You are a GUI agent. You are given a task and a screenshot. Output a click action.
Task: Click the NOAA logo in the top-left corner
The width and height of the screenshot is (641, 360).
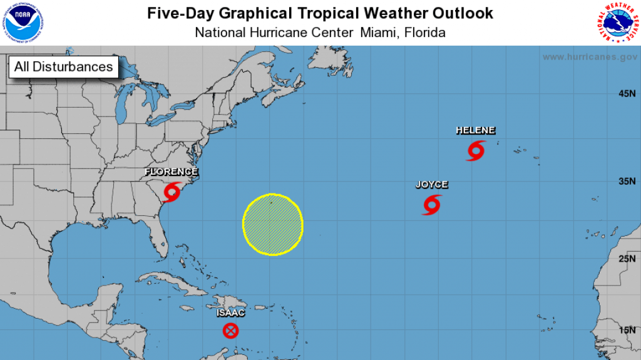pyautogui.click(x=22, y=22)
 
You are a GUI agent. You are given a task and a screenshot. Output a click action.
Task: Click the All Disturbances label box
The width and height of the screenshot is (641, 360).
pyautogui.click(x=63, y=66)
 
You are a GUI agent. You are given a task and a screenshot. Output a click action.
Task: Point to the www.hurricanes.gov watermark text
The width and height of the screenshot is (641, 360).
pyautogui.click(x=590, y=57)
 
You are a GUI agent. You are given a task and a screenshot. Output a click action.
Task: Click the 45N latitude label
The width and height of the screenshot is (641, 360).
pyautogui.click(x=627, y=94)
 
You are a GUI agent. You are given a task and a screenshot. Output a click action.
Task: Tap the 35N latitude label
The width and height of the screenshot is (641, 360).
pyautogui.click(x=627, y=182)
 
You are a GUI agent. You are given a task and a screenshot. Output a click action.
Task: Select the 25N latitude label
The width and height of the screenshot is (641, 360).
pyautogui.click(x=627, y=258)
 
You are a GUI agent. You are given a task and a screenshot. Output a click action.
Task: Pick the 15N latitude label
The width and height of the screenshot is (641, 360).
pyautogui.click(x=627, y=330)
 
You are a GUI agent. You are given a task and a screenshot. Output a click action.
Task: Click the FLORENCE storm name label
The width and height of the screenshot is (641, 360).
pyautogui.click(x=172, y=172)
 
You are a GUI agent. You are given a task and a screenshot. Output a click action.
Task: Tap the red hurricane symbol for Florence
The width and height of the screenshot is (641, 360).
pyautogui.click(x=172, y=190)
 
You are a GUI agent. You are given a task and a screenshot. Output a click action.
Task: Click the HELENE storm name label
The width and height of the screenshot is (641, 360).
pyautogui.click(x=476, y=130)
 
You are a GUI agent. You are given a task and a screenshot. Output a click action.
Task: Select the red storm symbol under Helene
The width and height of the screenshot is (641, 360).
pyautogui.click(x=476, y=150)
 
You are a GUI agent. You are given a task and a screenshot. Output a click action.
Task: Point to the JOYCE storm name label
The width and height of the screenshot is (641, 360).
pyautogui.click(x=432, y=184)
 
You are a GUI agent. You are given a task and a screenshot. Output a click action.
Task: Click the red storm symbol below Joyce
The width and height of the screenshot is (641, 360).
pyautogui.click(x=432, y=204)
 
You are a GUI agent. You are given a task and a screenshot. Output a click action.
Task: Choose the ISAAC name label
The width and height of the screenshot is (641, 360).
pyautogui.click(x=230, y=313)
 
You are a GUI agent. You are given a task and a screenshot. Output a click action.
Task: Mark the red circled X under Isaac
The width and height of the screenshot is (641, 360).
pyautogui.click(x=231, y=331)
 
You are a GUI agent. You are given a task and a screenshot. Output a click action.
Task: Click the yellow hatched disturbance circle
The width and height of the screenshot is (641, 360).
pyautogui.click(x=273, y=224)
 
